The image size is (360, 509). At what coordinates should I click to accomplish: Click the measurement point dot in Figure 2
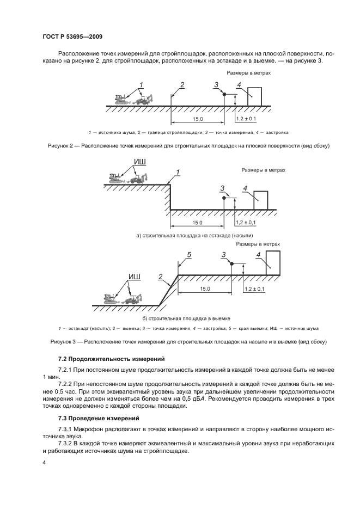point(224,94)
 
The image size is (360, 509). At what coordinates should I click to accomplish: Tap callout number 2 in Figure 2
point(182,84)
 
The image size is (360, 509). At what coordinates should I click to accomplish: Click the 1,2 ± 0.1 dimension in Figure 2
point(246,119)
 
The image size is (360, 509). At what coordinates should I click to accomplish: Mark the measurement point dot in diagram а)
point(223,198)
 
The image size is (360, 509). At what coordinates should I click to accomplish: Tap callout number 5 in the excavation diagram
point(188,255)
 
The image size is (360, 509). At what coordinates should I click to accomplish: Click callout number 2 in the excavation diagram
point(161,277)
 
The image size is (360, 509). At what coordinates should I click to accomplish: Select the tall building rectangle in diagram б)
point(272,262)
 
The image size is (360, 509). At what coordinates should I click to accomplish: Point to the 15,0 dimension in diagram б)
point(205,289)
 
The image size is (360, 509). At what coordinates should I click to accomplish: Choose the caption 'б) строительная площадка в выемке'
point(187,318)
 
